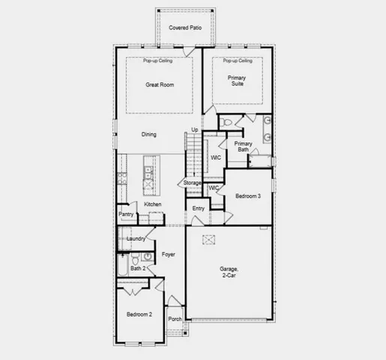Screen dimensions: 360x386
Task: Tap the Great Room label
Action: pos(159,85)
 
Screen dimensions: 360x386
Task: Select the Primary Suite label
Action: pos(238,80)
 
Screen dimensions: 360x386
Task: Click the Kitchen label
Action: pos(153,204)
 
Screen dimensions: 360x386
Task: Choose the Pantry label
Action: pos(125,214)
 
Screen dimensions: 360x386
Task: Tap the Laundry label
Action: pos(136,238)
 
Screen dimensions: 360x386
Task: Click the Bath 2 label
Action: pos(136,268)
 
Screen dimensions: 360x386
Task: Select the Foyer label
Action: pos(168,255)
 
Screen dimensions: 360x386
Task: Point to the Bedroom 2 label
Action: pos(139,315)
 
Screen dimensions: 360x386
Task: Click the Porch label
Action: pos(175,319)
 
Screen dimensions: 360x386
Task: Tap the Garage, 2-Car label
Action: pos(229,272)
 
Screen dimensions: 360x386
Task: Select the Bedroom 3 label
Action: pos(247,196)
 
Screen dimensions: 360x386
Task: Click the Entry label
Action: pos(199,208)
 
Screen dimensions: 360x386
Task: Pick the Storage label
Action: pos(193,183)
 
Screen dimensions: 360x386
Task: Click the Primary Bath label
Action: pos(243,146)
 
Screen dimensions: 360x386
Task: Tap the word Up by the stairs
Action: pos(195,130)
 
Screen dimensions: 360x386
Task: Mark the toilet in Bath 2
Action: pos(148,256)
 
